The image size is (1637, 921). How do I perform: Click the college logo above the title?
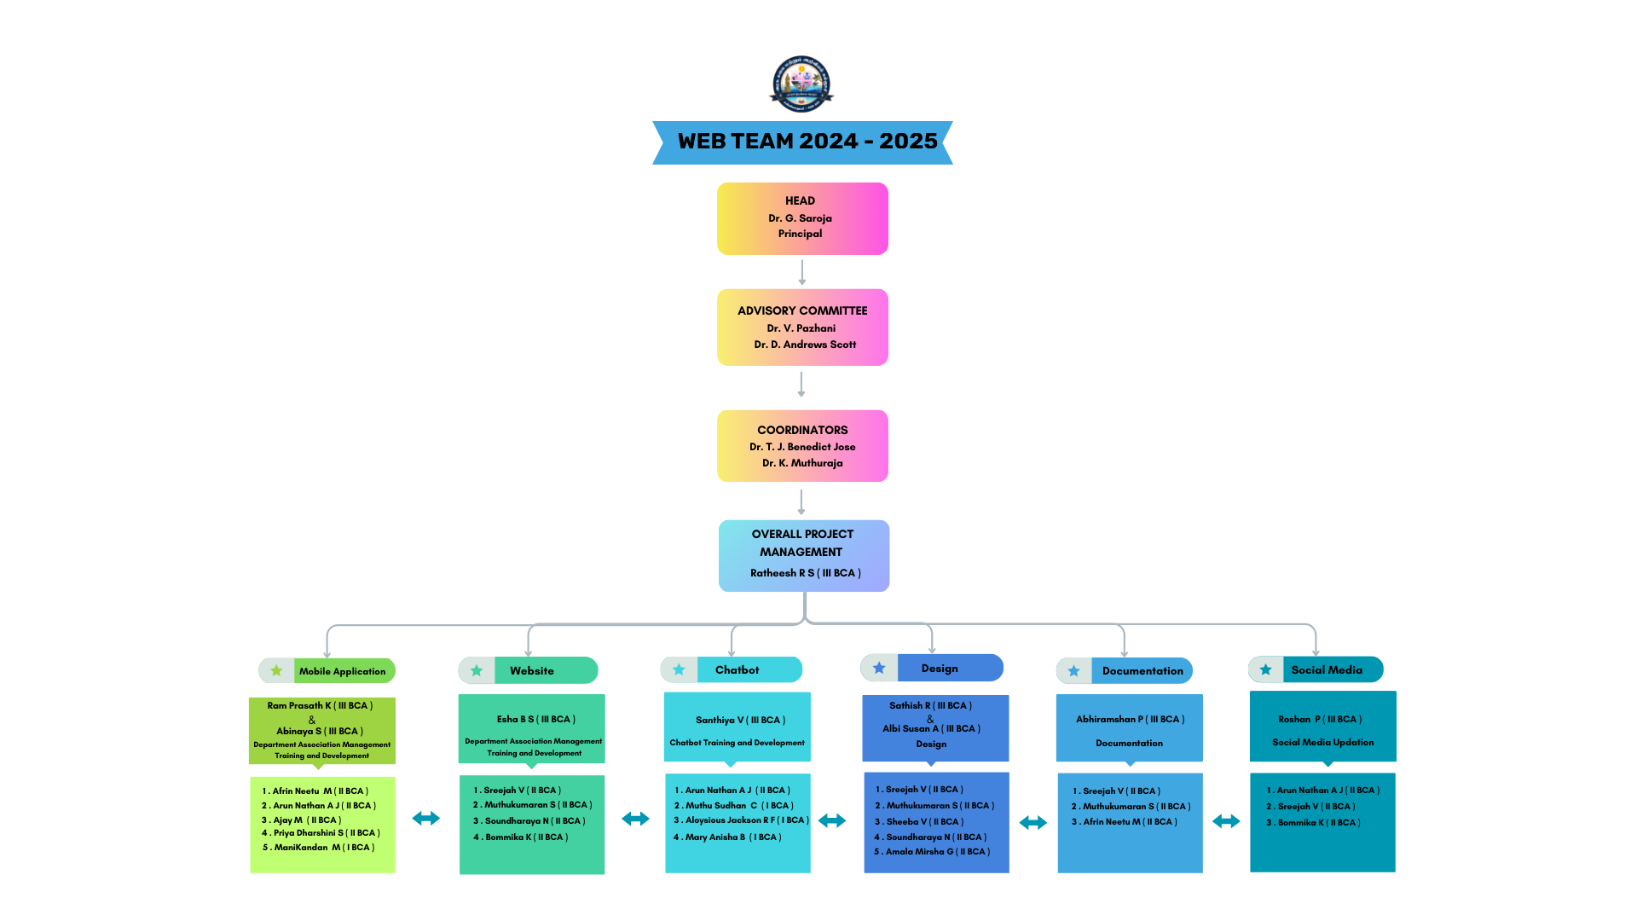[801, 84]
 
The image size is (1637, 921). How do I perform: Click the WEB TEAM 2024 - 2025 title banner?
[802, 142]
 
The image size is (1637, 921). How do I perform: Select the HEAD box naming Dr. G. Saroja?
[802, 218]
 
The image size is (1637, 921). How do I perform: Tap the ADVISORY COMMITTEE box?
[802, 327]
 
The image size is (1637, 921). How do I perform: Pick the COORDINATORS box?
[802, 446]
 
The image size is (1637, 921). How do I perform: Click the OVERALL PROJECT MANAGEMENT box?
[803, 555]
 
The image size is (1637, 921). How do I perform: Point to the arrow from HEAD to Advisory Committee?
[801, 272]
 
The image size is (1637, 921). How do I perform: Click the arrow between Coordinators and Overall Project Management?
[801, 501]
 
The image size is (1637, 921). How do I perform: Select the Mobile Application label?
[343, 671]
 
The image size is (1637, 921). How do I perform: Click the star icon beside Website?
[477, 671]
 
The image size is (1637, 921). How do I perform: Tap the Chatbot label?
[738, 670]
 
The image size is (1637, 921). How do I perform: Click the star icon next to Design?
[879, 669]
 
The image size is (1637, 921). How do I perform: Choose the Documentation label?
[1142, 671]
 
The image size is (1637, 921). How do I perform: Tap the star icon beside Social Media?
[1266, 669]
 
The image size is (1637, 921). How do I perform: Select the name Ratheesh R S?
[805, 573]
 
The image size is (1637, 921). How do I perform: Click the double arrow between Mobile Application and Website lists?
[426, 819]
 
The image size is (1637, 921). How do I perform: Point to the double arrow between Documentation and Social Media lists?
[1226, 821]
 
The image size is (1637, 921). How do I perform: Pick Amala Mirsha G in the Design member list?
[937, 852]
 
